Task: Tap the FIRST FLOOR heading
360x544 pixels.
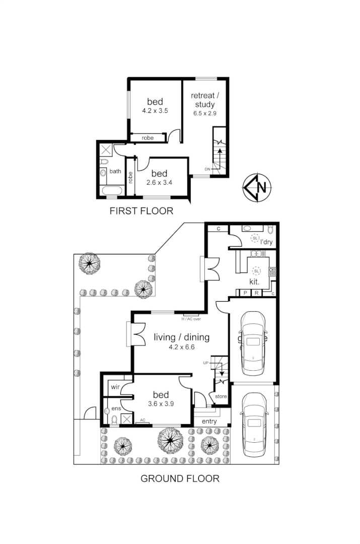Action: pyautogui.click(x=141, y=211)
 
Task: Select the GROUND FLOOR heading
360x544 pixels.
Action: pyautogui.click(x=180, y=479)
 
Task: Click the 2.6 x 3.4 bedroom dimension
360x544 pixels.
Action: pyautogui.click(x=159, y=182)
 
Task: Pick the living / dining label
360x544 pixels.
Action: pyautogui.click(x=181, y=337)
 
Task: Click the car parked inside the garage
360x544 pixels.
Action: pyautogui.click(x=253, y=343)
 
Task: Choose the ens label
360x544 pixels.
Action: pyautogui.click(x=115, y=408)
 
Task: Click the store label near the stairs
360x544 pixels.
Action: pyautogui.click(x=221, y=396)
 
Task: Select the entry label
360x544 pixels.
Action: pyautogui.click(x=209, y=421)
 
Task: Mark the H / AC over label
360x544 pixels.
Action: pyautogui.click(x=191, y=319)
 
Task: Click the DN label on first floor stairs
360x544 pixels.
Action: pyautogui.click(x=207, y=169)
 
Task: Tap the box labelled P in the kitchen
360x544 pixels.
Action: pyautogui.click(x=245, y=293)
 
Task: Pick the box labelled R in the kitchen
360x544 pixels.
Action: pyautogui.click(x=257, y=293)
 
